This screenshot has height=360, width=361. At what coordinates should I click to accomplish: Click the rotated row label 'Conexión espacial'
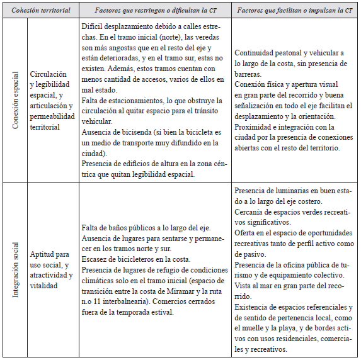coord(16,100)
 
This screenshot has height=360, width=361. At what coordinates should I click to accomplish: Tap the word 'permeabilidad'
coord(55,117)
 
